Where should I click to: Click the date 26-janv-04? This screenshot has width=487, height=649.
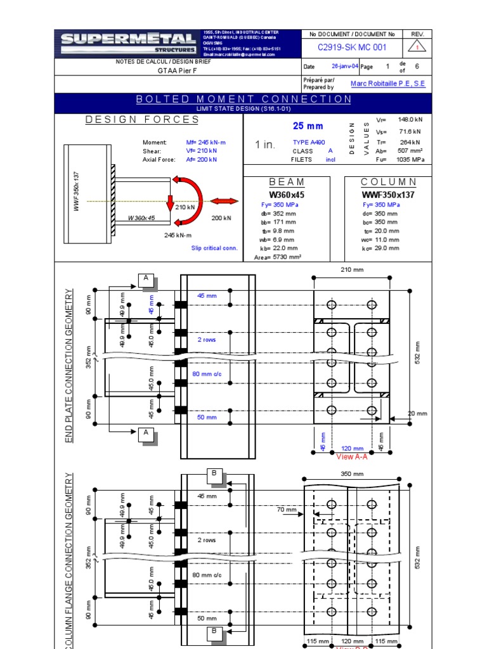[346, 66]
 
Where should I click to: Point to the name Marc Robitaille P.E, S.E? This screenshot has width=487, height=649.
[388, 84]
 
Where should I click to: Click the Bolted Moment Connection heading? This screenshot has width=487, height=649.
[243, 99]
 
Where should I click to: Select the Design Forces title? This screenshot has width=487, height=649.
[142, 119]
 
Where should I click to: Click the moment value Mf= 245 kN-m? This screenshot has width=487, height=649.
[206, 143]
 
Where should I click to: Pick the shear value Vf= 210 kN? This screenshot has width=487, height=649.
[202, 151]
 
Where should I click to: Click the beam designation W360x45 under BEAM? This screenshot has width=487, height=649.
[287, 195]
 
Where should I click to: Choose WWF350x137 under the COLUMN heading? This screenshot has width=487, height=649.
[388, 195]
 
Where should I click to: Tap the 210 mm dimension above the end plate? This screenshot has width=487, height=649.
[352, 271]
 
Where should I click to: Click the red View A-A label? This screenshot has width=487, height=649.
[352, 456]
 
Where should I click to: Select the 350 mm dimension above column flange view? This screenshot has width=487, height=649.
[352, 474]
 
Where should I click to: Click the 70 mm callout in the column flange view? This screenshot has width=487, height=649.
[287, 509]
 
